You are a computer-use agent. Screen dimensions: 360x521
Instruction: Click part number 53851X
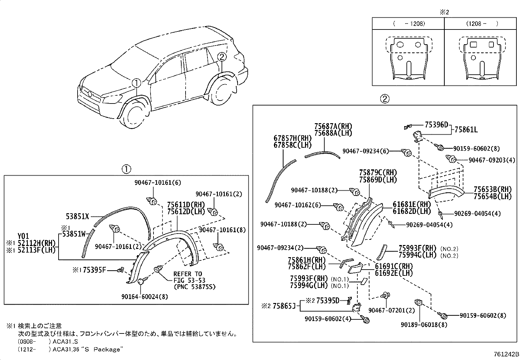tap(77, 216)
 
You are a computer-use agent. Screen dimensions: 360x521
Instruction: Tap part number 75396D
tap(436, 124)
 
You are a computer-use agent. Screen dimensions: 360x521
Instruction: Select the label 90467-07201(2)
tap(391, 310)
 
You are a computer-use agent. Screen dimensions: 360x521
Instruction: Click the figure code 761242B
tap(507, 354)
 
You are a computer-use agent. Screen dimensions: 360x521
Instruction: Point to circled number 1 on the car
tap(136, 83)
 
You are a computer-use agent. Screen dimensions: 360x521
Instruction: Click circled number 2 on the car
tap(222, 57)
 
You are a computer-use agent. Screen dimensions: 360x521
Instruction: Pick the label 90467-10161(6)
tap(157, 182)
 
